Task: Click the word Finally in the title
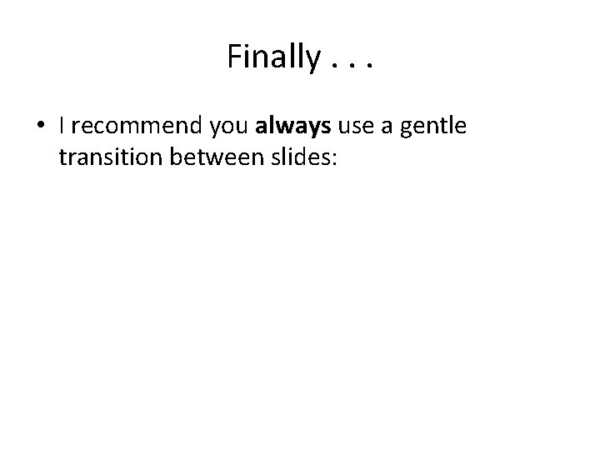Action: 272,57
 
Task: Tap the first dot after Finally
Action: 333,67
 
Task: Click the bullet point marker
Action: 41,127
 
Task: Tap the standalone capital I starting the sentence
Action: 62,127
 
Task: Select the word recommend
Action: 131,127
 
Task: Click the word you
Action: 225,129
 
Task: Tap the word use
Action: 354,129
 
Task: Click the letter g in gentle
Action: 406,132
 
